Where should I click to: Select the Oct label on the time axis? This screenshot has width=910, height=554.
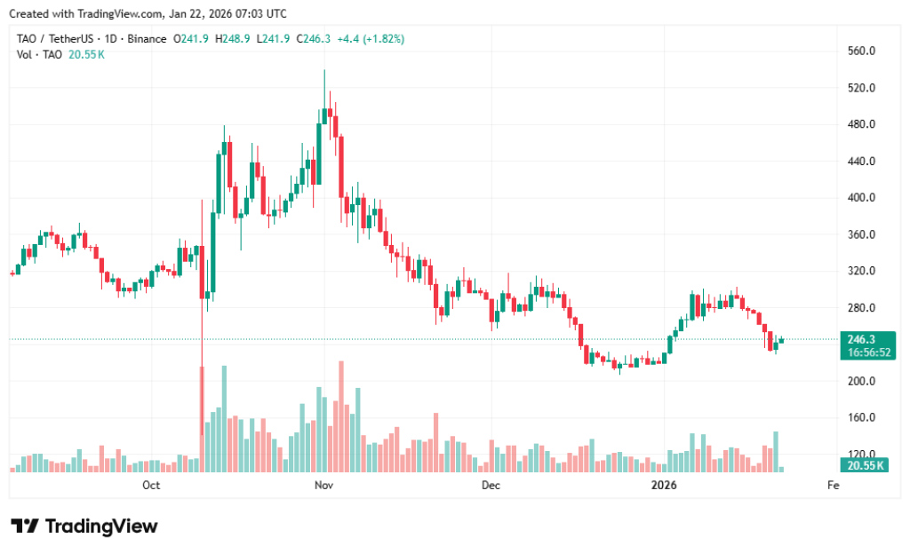click(151, 486)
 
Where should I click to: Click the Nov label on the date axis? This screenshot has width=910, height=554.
click(323, 486)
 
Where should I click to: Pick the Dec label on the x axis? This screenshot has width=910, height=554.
click(490, 486)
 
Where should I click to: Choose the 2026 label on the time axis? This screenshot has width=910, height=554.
click(664, 486)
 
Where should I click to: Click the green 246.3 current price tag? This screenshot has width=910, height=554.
click(864, 339)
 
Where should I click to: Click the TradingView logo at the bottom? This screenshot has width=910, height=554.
click(84, 526)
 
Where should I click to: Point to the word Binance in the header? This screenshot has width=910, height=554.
click(147, 39)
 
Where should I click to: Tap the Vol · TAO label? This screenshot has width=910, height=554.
click(39, 54)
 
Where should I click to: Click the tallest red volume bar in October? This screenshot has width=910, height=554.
click(202, 417)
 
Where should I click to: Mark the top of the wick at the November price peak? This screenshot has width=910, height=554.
click(324, 70)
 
